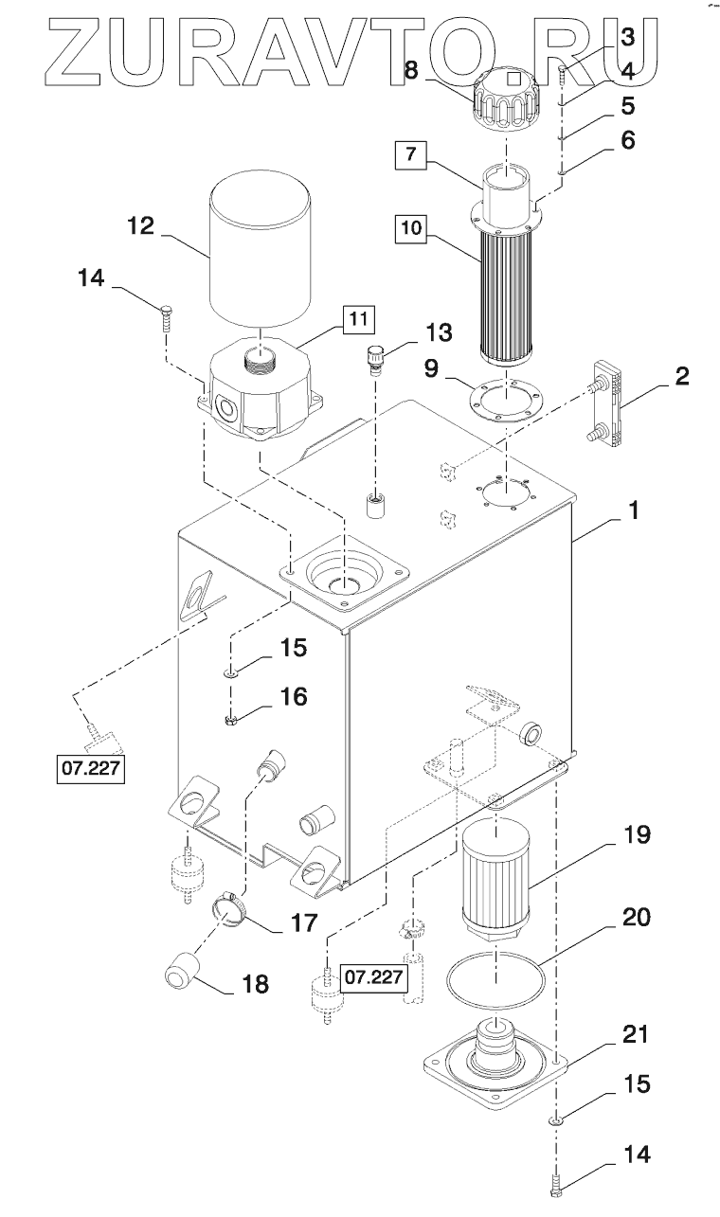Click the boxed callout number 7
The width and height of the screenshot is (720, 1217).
tap(411, 154)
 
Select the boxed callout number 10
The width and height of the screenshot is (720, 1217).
tap(411, 227)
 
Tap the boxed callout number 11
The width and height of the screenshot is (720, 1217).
tap(359, 319)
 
